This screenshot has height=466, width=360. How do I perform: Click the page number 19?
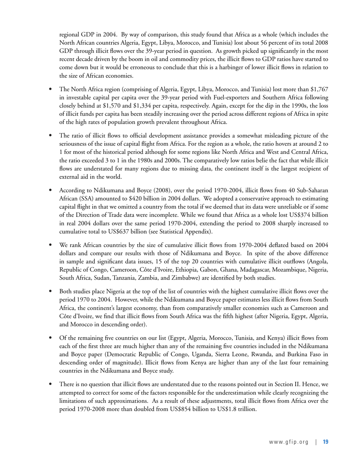pos(326,442)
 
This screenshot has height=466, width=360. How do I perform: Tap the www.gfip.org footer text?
pos(289,442)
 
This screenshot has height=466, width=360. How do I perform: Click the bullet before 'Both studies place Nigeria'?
pos(50,292)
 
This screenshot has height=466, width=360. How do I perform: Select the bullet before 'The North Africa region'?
pos(50,89)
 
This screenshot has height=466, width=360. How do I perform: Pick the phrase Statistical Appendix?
pos(184,231)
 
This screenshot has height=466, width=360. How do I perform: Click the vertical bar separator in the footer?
pos(316,442)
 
